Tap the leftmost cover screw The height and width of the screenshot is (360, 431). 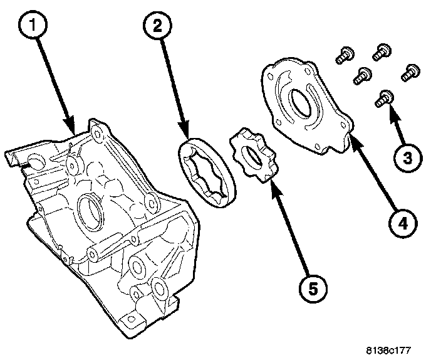tap(341, 57)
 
